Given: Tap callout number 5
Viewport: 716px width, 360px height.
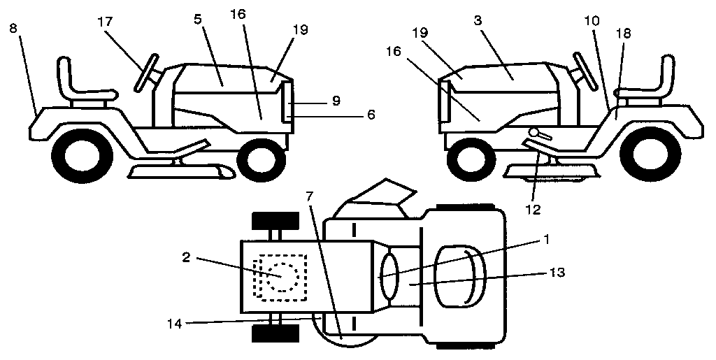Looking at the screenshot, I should click(x=198, y=20).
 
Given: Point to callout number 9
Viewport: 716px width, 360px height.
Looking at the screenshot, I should click(x=336, y=101).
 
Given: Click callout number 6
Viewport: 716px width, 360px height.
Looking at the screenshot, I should click(x=371, y=115).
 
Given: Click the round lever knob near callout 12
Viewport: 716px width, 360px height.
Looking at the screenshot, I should click(x=534, y=132).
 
